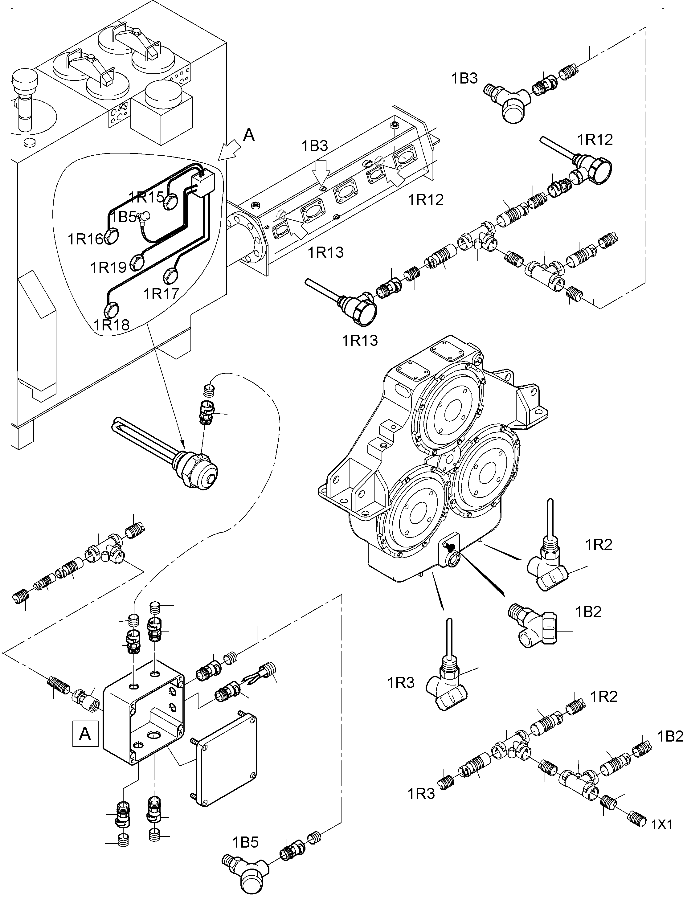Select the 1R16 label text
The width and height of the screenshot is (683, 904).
click(85, 239)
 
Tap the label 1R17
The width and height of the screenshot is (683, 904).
click(161, 293)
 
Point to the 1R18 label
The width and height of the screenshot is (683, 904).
click(112, 325)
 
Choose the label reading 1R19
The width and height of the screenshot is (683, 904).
click(108, 267)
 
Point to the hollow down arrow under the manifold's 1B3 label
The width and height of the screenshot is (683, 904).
click(322, 170)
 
